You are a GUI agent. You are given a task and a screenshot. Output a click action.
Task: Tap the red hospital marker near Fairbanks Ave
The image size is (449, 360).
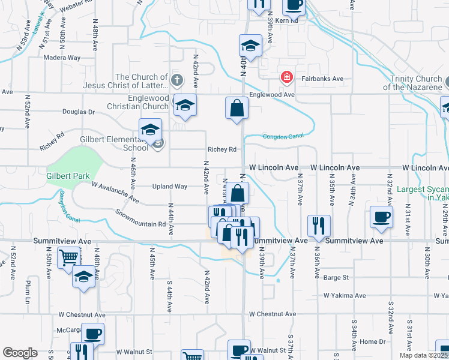pyautogui.click(x=287, y=77)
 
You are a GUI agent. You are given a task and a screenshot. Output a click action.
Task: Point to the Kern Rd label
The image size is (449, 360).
pyautogui.click(x=286, y=20)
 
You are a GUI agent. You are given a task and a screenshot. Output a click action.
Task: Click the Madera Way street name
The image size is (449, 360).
pyautogui.click(x=62, y=58)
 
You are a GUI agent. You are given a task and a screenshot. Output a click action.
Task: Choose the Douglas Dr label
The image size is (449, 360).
pyautogui.click(x=79, y=112)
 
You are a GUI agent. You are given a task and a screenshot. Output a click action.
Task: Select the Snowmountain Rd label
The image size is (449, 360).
pyautogui.click(x=140, y=216)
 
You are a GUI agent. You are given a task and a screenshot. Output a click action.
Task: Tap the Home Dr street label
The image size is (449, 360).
pyautogui.click(x=373, y=341)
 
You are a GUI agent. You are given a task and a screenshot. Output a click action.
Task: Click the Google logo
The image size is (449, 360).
pyautogui.click(x=20, y=353)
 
